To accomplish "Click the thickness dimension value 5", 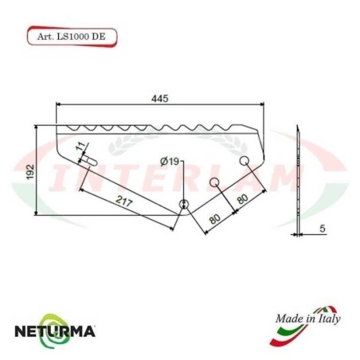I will [322, 229].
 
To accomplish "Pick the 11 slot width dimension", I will [79, 147].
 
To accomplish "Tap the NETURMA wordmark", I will [65, 329].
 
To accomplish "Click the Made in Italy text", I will [307, 319].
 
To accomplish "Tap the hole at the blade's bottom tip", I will [184, 204].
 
